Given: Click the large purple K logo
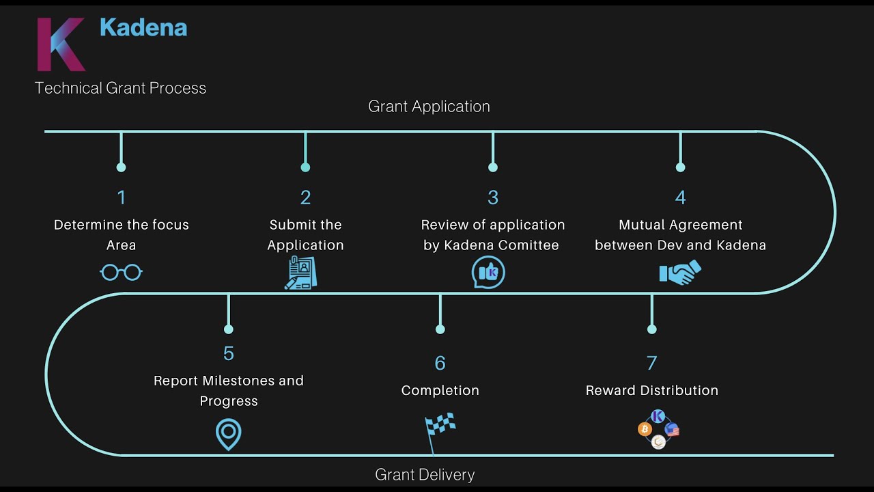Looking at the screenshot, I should click(x=60, y=44).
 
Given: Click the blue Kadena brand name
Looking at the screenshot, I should click(x=143, y=27).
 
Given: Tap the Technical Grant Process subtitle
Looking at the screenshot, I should click(x=120, y=88).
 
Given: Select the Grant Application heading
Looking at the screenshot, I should click(x=429, y=107).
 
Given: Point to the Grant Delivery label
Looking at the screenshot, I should click(x=425, y=474).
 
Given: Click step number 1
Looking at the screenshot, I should click(x=122, y=197).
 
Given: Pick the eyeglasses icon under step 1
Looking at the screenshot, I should click(x=121, y=273).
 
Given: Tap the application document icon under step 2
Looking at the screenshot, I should click(x=301, y=273).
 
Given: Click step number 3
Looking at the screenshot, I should click(x=493, y=197).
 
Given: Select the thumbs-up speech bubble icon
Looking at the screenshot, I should click(x=488, y=273).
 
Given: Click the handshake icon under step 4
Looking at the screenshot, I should click(x=680, y=273).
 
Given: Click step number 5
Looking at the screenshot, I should click(x=229, y=353).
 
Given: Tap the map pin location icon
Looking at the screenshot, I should click(x=229, y=434).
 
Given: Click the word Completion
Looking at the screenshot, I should click(x=440, y=390).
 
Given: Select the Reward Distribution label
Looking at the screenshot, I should click(x=652, y=390).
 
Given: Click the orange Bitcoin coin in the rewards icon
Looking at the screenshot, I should click(x=644, y=429).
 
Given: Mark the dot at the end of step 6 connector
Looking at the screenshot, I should click(x=440, y=329).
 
